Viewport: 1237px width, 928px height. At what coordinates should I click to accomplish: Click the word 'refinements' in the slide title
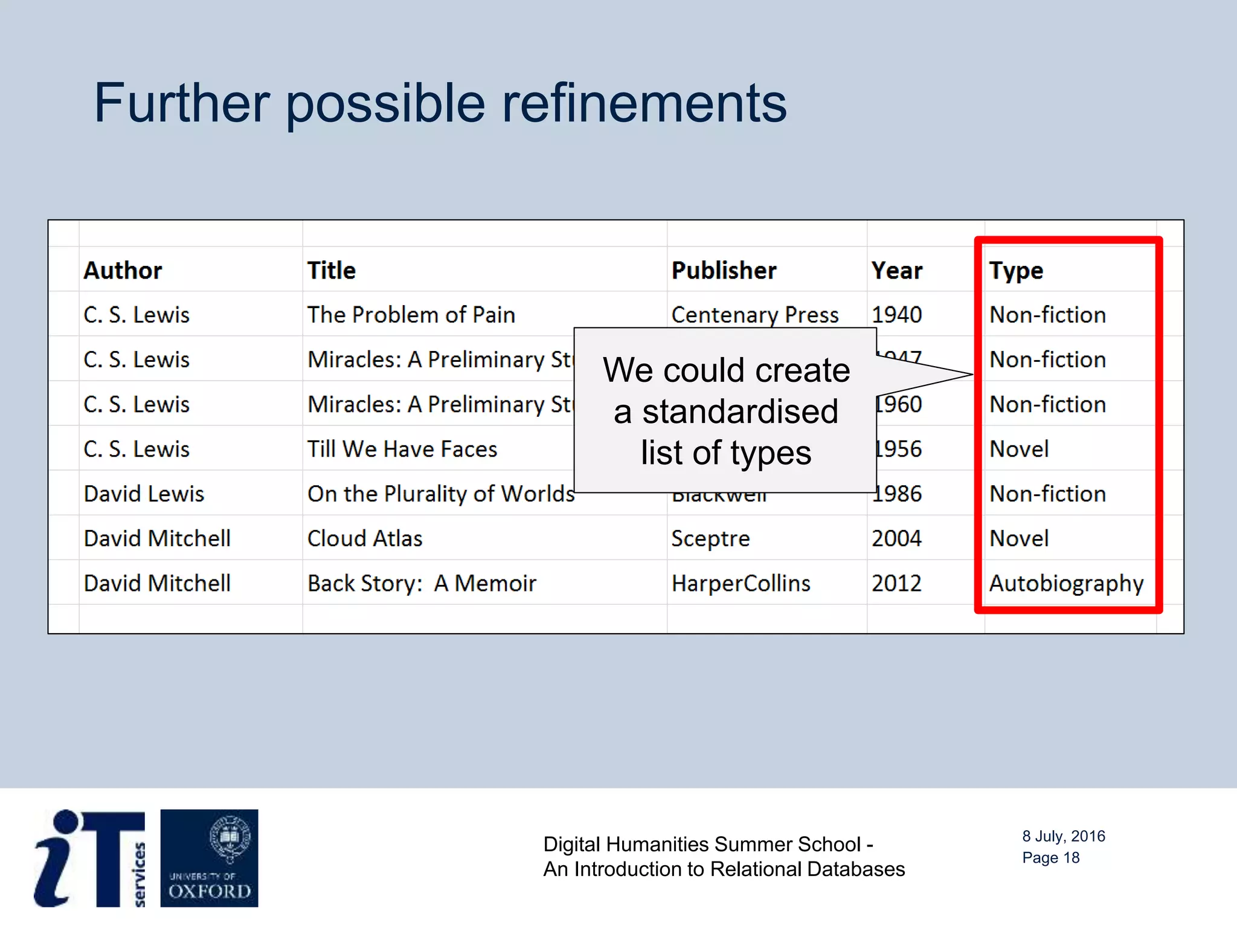pyautogui.click(x=644, y=103)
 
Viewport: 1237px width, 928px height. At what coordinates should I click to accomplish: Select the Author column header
pyautogui.click(x=123, y=271)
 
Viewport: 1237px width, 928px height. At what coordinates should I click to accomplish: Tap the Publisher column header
pyautogui.click(x=724, y=271)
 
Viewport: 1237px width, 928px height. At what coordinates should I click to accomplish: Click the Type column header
pyautogui.click(x=1016, y=271)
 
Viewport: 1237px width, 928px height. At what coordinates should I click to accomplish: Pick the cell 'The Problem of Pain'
pyautogui.click(x=411, y=315)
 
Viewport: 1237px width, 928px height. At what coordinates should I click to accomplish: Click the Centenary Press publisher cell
pyautogui.click(x=754, y=315)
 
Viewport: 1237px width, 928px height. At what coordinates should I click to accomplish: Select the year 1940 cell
pyautogui.click(x=896, y=315)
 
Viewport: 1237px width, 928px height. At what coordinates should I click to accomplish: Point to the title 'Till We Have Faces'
pyautogui.click(x=402, y=449)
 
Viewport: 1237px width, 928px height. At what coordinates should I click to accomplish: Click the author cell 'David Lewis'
pyautogui.click(x=144, y=494)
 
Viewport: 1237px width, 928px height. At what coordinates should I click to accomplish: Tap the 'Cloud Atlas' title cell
pyautogui.click(x=365, y=538)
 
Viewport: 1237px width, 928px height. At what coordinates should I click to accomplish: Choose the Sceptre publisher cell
pyautogui.click(x=710, y=538)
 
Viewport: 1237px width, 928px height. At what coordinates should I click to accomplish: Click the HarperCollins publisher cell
pyautogui.click(x=741, y=583)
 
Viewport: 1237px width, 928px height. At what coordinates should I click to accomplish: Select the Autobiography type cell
pyautogui.click(x=1066, y=583)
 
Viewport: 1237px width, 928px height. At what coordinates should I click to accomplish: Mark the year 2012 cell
pyautogui.click(x=896, y=583)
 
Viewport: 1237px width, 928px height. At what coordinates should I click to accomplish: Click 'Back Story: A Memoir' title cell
pyautogui.click(x=422, y=583)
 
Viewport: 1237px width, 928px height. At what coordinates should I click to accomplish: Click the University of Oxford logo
pyautogui.click(x=209, y=858)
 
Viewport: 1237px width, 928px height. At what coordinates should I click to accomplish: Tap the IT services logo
pyautogui.click(x=90, y=858)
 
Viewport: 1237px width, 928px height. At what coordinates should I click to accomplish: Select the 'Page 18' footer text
pyautogui.click(x=1050, y=858)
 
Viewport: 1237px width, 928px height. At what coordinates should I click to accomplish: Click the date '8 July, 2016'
pyautogui.click(x=1063, y=836)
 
